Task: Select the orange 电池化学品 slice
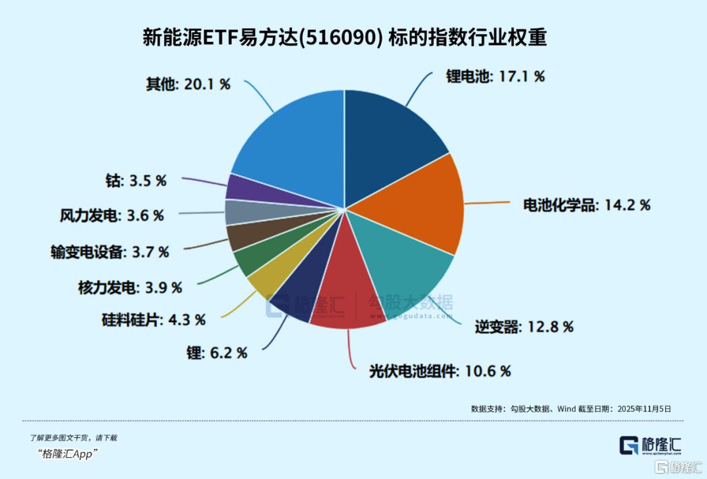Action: pos(419,203)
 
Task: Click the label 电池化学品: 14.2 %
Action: pos(587,205)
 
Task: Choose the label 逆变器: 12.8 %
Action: pos(524,326)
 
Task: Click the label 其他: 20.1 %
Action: pos(188,84)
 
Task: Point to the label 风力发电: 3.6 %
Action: pos(112,215)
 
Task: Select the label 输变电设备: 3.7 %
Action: pos(110,251)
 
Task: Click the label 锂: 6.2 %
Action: pos(217,353)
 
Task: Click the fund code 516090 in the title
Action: pos(356,37)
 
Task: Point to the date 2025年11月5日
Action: pos(641,408)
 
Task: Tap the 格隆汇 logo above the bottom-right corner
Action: pos(650,446)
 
